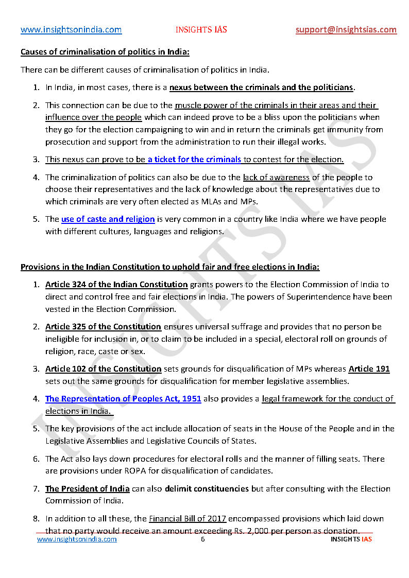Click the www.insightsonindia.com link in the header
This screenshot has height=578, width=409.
click(71, 29)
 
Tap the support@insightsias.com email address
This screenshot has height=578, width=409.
click(346, 29)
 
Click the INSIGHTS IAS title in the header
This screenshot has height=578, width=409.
click(201, 29)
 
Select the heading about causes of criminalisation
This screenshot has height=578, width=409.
click(105, 52)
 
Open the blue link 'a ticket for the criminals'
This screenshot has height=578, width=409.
click(194, 160)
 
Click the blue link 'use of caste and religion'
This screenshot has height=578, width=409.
click(108, 219)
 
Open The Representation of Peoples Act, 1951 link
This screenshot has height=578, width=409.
click(123, 398)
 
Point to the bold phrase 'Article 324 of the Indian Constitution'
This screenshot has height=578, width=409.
click(116, 285)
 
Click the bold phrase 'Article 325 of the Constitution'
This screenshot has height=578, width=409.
click(103, 327)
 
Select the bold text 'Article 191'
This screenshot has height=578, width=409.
click(369, 369)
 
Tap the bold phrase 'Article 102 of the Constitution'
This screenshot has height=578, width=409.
click(103, 369)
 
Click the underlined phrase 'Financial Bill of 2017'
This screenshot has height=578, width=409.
click(188, 519)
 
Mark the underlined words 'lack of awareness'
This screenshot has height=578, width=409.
click(276, 178)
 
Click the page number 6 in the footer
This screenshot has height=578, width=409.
click(203, 539)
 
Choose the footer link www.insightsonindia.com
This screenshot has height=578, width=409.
click(77, 539)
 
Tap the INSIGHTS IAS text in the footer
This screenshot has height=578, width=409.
click(351, 539)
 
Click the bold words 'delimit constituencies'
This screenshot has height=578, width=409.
click(207, 489)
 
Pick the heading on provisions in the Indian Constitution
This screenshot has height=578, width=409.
click(170, 267)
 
